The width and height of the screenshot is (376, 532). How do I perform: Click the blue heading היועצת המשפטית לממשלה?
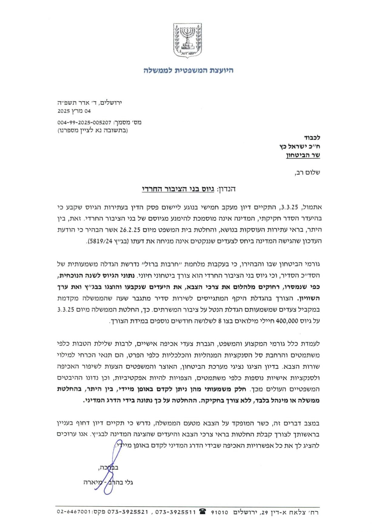click(x=188, y=70)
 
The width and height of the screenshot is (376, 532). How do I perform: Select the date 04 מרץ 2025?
click(x=74, y=111)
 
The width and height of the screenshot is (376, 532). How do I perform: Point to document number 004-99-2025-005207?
click(x=84, y=123)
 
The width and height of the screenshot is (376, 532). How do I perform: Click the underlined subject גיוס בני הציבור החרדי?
click(x=178, y=189)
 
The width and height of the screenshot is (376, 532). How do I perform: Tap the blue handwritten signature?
click(x=112, y=467)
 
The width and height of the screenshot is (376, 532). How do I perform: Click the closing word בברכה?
click(x=108, y=467)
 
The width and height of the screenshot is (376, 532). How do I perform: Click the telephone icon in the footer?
click(x=203, y=512)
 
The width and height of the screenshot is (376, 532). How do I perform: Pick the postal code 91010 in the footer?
click(x=219, y=512)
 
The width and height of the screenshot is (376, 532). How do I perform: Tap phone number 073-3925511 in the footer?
click(x=176, y=512)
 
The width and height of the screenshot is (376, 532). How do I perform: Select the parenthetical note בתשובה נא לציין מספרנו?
click(x=93, y=131)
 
